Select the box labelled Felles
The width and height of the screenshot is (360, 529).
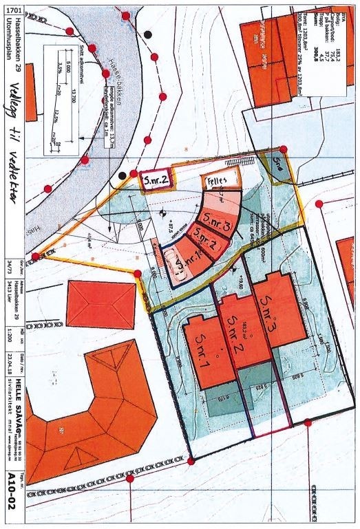tap(219, 181)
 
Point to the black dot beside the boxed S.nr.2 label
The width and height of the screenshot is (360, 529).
tap(123, 175)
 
